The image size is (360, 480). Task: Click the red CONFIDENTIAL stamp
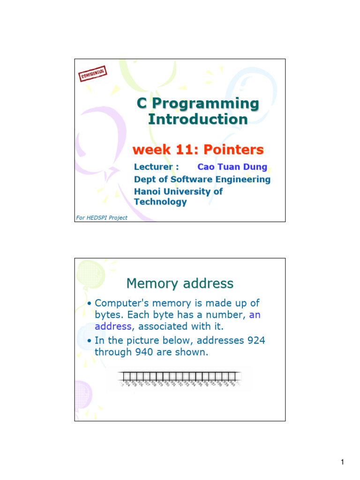point(93,74)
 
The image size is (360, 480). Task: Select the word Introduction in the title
point(198,120)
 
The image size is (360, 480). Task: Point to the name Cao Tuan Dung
point(232,167)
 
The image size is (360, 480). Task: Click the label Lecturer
point(155,167)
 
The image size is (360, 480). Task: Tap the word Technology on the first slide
point(160,202)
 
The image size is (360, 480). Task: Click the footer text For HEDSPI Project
point(101,217)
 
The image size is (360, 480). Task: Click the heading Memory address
point(180,284)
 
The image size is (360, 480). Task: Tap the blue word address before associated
point(112,327)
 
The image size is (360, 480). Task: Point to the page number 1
point(342,463)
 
